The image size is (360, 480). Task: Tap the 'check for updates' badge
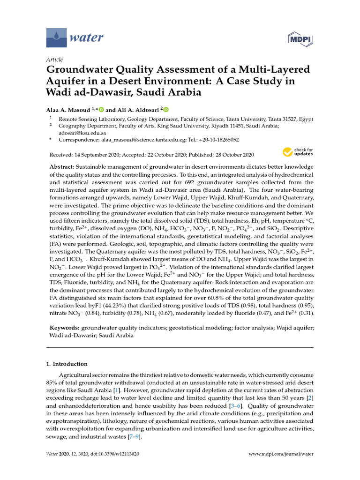(298, 152)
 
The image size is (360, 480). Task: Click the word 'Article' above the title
(54, 60)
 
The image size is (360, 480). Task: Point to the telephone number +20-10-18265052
(218, 140)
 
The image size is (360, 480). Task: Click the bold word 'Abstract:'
(63, 167)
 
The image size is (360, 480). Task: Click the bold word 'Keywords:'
(65, 328)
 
